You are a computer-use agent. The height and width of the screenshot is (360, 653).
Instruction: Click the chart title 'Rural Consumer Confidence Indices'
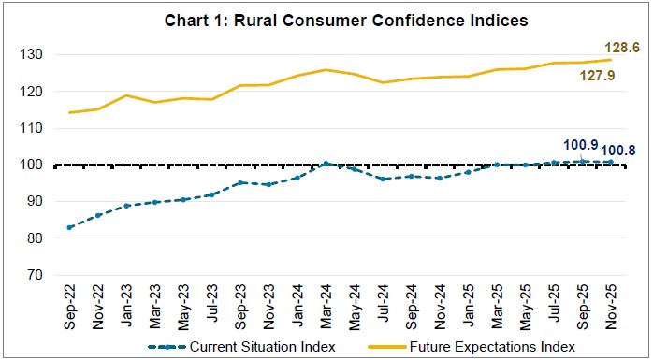[x=326, y=21]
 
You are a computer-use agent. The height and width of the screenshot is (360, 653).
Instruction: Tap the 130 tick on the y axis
[x=35, y=55]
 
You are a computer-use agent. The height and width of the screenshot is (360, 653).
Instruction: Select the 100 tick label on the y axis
[x=35, y=166]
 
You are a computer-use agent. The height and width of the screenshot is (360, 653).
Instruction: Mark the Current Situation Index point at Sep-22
[x=70, y=227]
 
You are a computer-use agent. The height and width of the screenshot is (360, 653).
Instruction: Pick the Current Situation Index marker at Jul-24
[x=383, y=179]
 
